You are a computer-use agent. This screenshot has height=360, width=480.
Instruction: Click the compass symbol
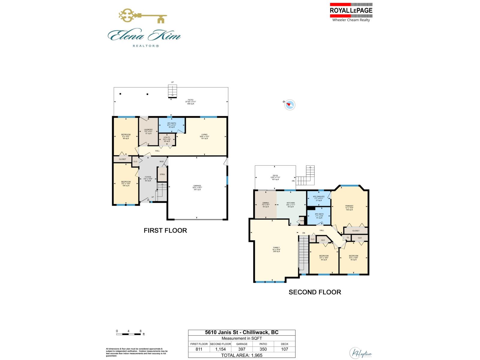pos(290,105)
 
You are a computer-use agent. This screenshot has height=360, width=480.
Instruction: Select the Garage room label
pos(197,187)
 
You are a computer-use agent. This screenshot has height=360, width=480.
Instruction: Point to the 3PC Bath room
pos(172,125)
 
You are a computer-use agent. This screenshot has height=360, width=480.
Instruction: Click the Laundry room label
pos(148,131)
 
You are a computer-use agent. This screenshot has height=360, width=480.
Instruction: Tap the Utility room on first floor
pos(167,139)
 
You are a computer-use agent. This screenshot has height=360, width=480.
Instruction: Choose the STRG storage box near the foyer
pos(162,174)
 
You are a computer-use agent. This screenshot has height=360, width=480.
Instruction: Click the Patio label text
pos(190,102)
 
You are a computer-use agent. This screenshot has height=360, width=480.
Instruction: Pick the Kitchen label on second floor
pos(290,205)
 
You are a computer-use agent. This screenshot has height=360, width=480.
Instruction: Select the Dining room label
pos(265,205)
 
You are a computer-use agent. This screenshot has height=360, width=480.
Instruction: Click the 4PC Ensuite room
pos(319,198)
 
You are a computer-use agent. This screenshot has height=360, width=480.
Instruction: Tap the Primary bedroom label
pos(349,208)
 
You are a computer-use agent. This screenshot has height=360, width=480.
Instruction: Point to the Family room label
pos(276,249)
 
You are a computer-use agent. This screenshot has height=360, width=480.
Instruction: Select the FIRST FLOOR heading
pos(165,230)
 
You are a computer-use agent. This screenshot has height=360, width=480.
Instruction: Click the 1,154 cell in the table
pos(220,349)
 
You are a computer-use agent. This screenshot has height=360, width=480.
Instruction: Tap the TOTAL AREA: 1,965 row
pos(241,355)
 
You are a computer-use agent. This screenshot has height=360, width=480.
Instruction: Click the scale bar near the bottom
pos(128,334)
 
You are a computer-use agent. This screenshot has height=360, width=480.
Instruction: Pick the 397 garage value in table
pos(242,349)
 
